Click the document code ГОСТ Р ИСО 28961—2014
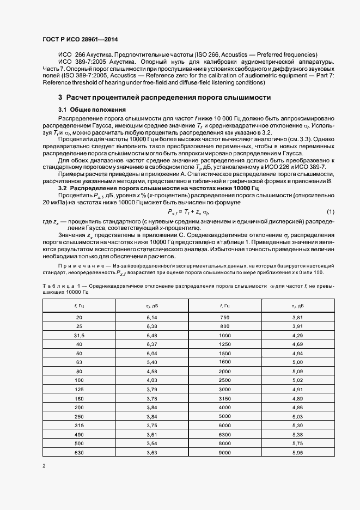(x=80, y=40)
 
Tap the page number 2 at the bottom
(x=44, y=466)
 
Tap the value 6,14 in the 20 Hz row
(x=151, y=317)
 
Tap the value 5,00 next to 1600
(x=297, y=362)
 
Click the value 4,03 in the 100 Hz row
(x=151, y=380)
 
